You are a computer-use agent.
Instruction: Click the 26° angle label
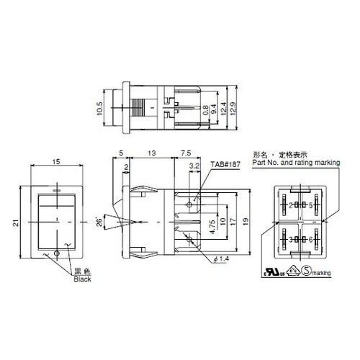(x=100, y=222)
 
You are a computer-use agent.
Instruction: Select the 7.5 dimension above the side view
(x=185, y=153)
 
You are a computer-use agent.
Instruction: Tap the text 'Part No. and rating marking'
(x=294, y=163)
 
